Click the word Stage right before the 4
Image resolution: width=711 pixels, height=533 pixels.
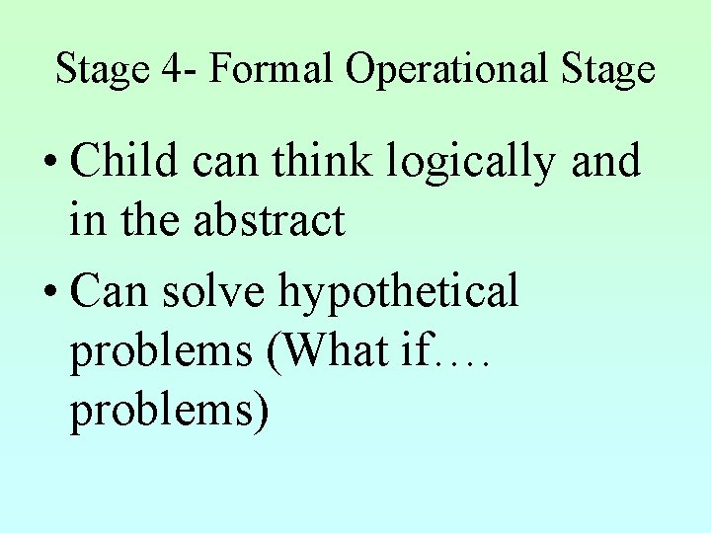[x=102, y=70]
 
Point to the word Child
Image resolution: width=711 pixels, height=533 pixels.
[x=124, y=162]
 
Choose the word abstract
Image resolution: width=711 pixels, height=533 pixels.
[x=270, y=220]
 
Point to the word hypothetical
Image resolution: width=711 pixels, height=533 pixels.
[x=399, y=291]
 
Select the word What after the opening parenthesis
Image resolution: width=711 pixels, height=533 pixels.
[x=333, y=350]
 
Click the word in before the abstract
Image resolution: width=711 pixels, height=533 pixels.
[x=88, y=220]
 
